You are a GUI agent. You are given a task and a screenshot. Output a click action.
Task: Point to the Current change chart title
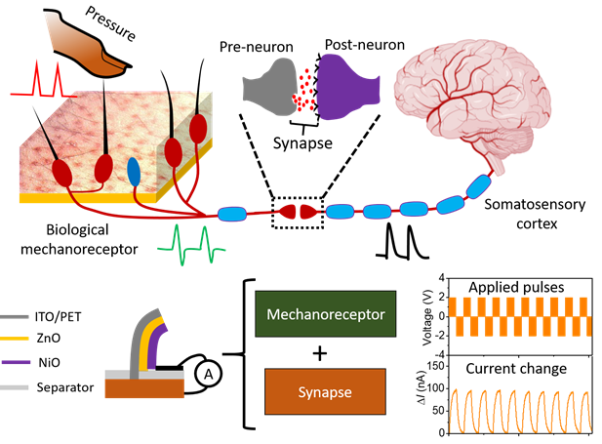click(518, 370)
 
